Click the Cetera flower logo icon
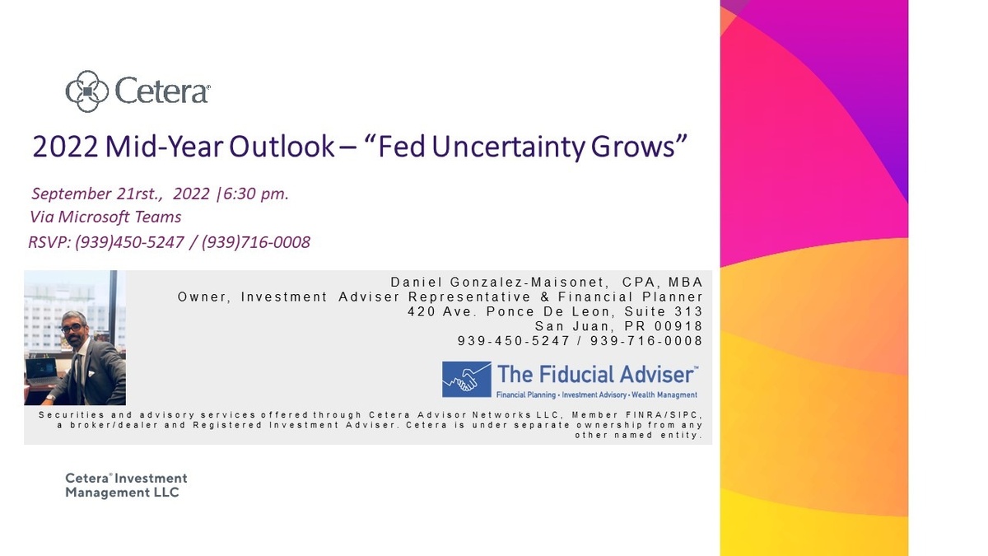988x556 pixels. point(87,91)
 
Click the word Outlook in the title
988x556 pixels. point(282,147)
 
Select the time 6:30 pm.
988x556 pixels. point(256,194)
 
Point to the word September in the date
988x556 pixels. point(72,194)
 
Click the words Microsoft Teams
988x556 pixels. point(119,217)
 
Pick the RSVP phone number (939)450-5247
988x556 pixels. point(130,242)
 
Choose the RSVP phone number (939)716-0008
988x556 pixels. point(256,242)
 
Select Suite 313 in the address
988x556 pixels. point(664,311)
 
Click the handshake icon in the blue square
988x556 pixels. point(467,380)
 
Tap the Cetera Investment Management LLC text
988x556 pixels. point(126,485)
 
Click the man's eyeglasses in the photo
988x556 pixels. point(72,328)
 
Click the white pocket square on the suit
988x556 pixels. point(91,374)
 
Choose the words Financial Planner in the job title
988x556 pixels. point(631,297)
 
